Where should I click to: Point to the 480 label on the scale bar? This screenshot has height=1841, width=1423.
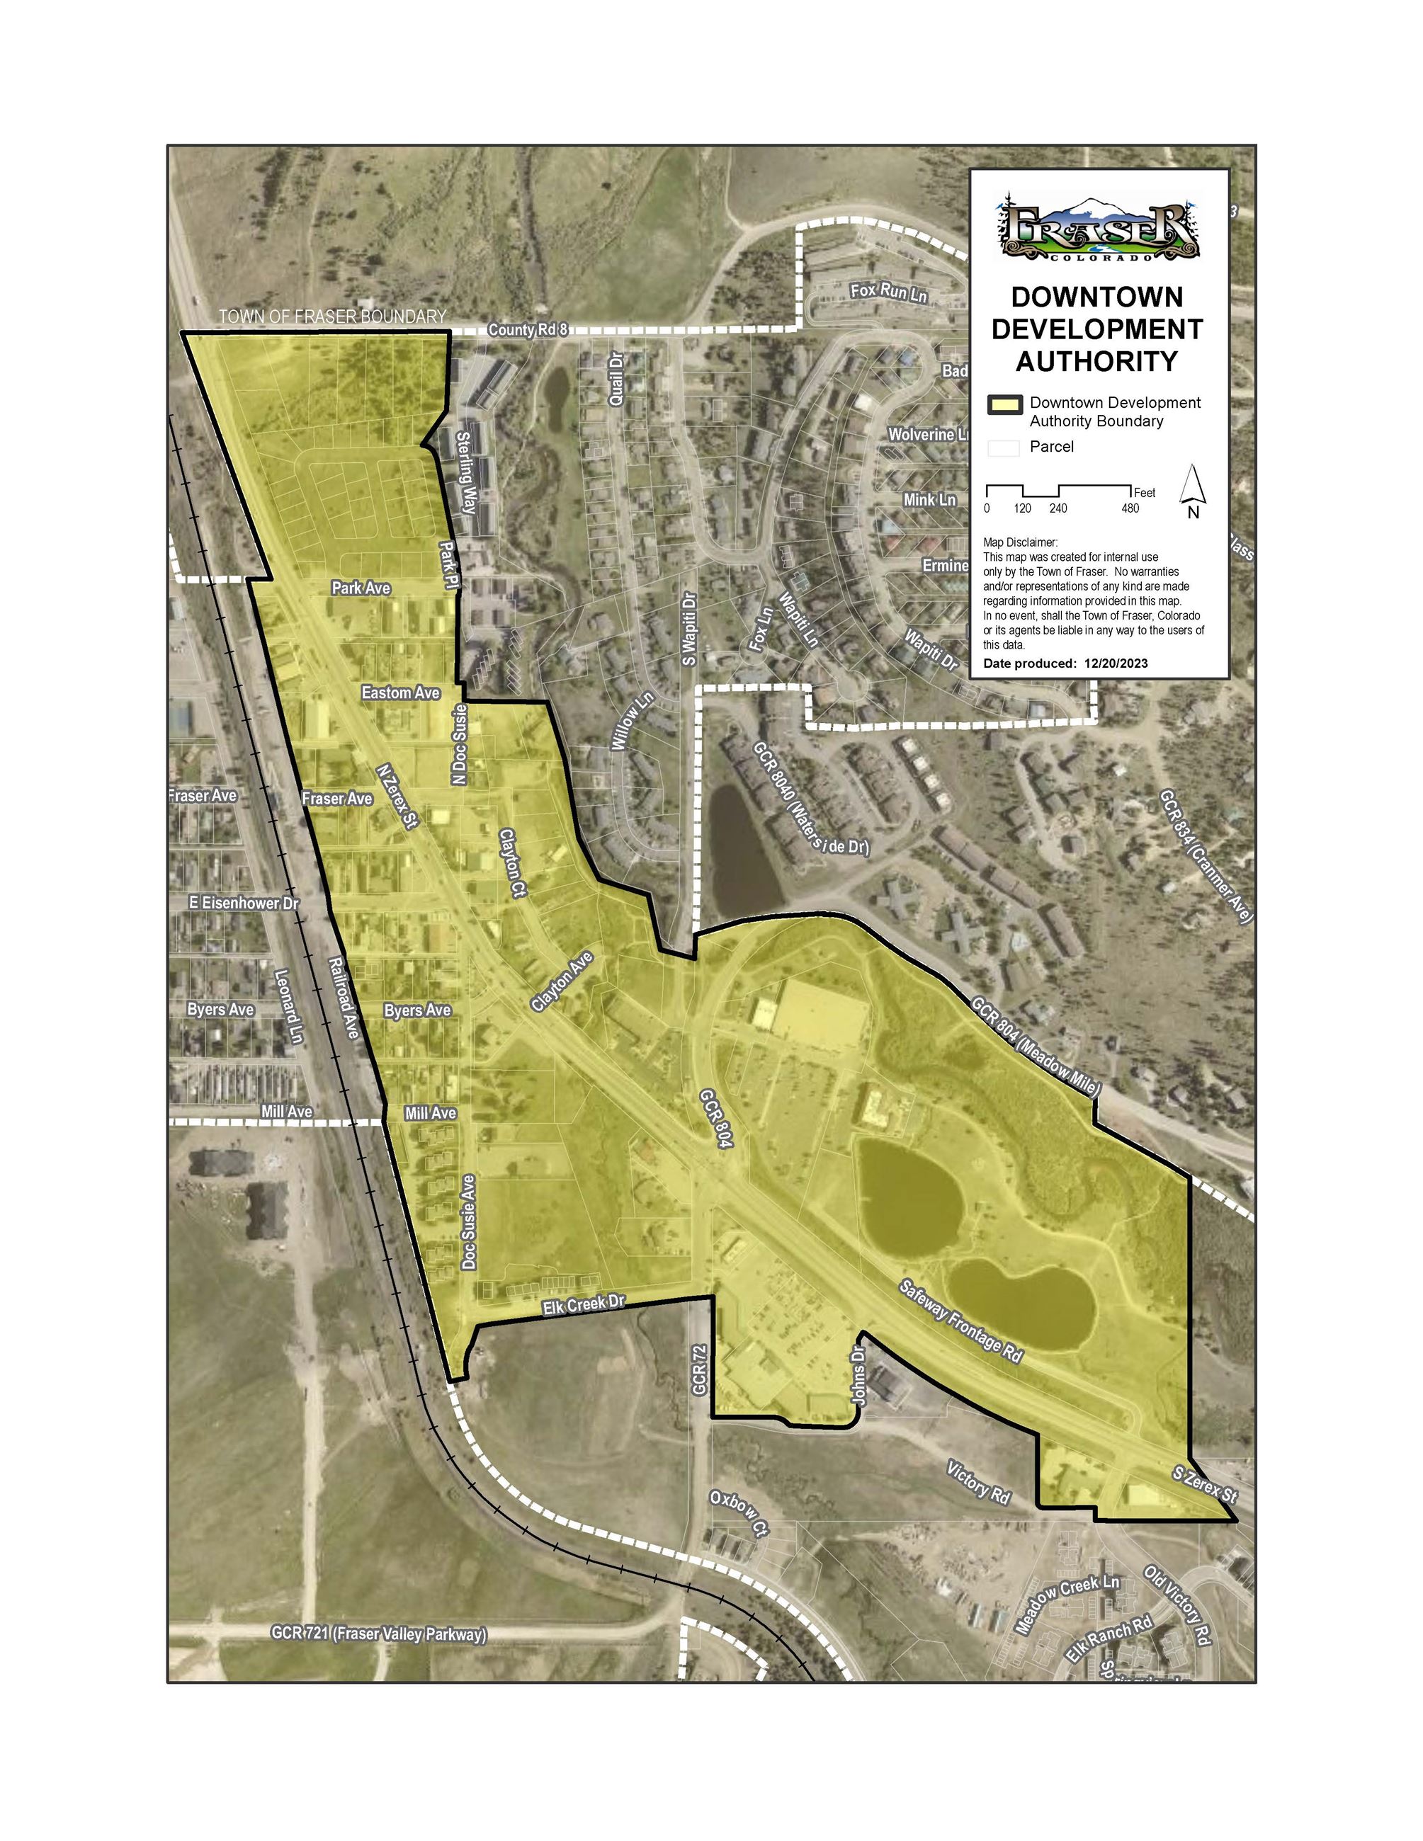[x=1130, y=508]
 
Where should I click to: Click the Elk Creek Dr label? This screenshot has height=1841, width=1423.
[x=584, y=1304]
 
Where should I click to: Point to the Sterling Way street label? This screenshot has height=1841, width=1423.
[x=466, y=473]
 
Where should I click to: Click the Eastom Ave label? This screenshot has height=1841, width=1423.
[x=400, y=693]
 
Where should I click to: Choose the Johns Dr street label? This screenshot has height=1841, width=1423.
[x=858, y=1376]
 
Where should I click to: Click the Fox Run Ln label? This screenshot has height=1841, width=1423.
[x=888, y=292]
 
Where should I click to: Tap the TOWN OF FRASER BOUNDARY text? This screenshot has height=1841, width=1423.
[x=332, y=317]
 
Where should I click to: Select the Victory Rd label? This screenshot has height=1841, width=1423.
[x=978, y=1483]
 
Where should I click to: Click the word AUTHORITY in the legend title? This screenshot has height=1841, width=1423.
[x=1096, y=362]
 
